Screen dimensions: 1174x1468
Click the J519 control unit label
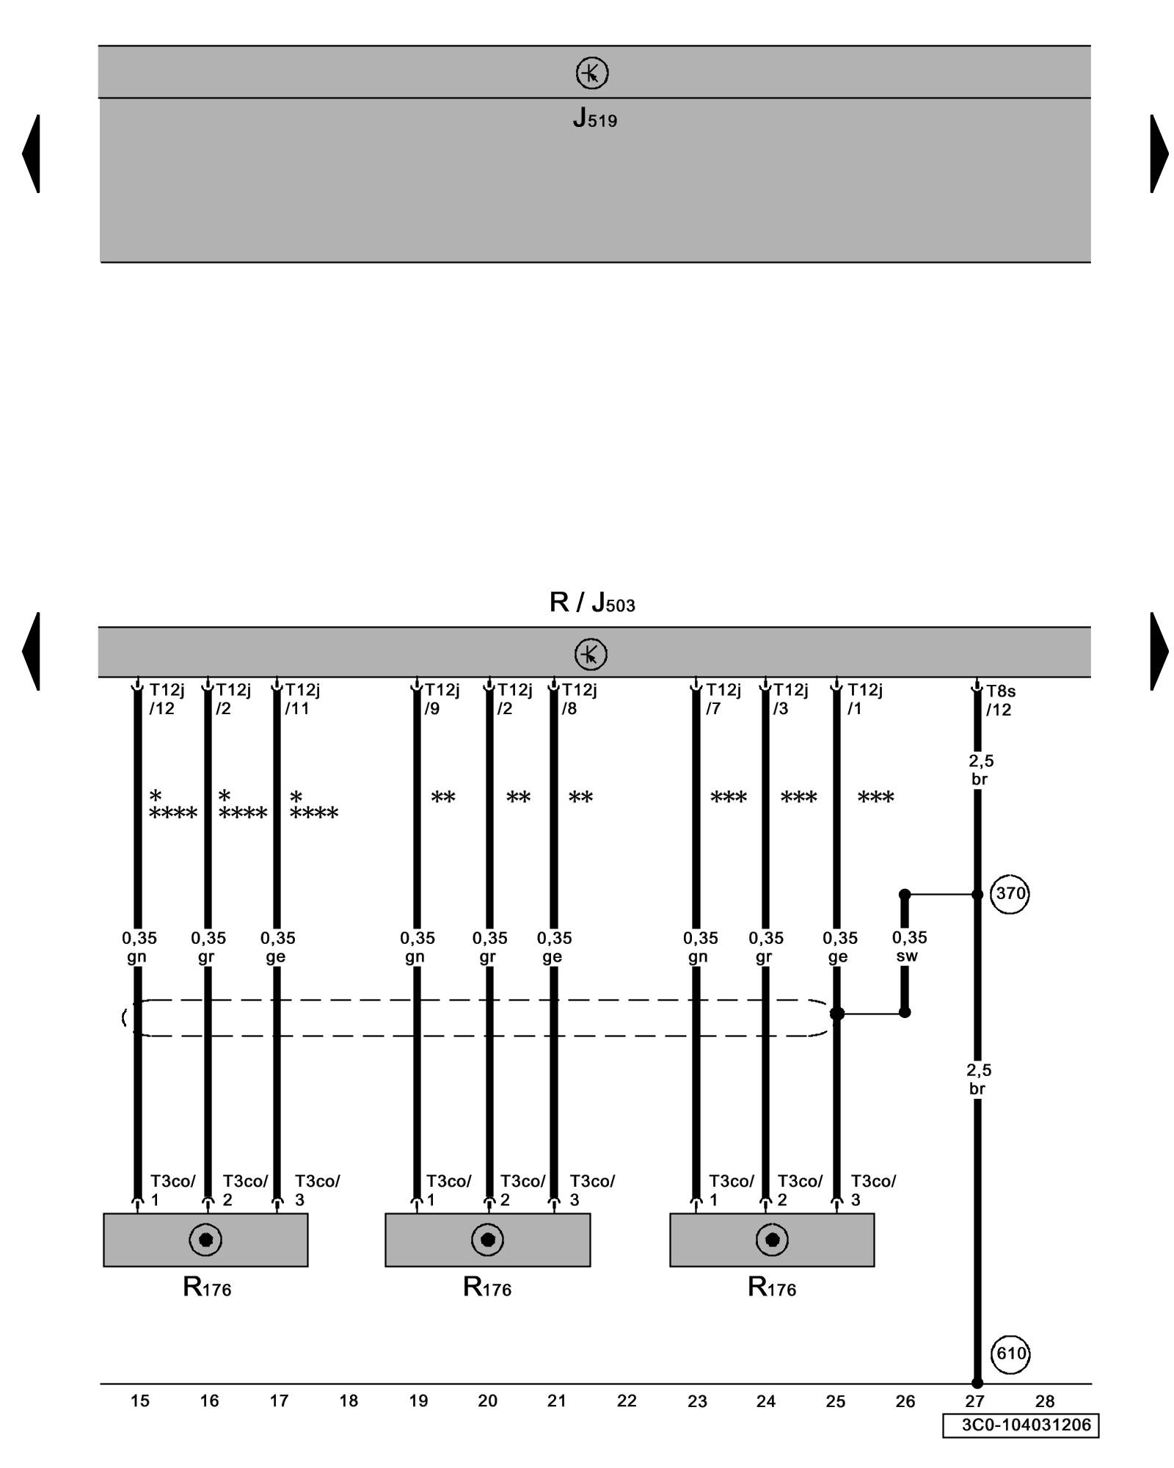point(594,119)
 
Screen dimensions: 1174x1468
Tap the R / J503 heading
point(591,603)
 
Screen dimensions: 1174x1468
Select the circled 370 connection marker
point(1010,894)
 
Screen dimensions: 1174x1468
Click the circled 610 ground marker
point(1010,1353)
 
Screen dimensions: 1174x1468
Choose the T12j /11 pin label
point(301,699)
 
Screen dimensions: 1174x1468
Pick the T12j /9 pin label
point(442,699)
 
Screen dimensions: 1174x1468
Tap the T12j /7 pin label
point(723,699)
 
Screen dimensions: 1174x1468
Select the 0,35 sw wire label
point(908,947)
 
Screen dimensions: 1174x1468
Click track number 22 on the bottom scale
point(627,1401)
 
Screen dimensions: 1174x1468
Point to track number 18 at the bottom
point(349,1401)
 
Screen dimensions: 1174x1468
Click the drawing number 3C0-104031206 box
point(1021,1425)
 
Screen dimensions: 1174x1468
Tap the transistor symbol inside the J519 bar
point(591,73)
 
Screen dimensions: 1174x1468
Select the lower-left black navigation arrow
point(32,651)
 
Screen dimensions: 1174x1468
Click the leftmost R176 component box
point(205,1240)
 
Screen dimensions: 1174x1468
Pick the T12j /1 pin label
point(864,699)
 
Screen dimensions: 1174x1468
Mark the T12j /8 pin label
point(579,699)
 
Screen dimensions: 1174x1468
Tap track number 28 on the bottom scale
point(1044,1401)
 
